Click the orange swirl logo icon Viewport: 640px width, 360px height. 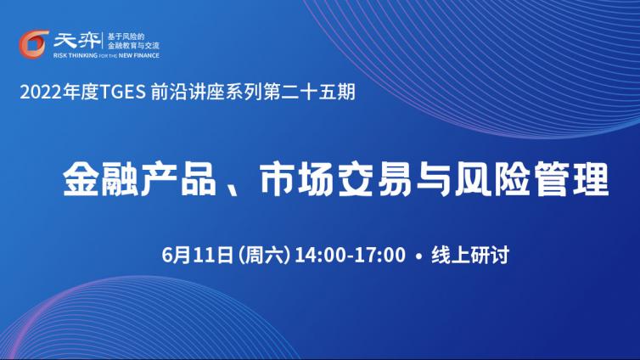pyautogui.click(x=33, y=44)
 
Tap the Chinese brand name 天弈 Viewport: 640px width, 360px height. pyautogui.click(x=77, y=41)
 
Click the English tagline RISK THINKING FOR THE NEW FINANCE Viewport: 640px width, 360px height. pyautogui.click(x=106, y=55)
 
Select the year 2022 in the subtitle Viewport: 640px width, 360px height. pyautogui.click(x=42, y=93)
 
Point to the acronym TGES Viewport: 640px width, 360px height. pyautogui.click(x=122, y=93)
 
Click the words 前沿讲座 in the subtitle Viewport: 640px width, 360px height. pyautogui.click(x=188, y=93)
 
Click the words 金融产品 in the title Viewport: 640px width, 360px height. pyautogui.click(x=139, y=179)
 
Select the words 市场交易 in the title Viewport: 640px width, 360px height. pyautogui.click(x=335, y=179)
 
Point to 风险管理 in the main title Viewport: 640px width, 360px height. pyautogui.click(x=532, y=179)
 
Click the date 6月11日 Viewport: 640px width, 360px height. pyautogui.click(x=198, y=255)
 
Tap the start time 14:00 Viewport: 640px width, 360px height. pyautogui.click(x=321, y=255)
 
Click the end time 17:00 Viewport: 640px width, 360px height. pyautogui.click(x=379, y=255)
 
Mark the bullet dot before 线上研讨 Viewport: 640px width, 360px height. pyautogui.click(x=418, y=256)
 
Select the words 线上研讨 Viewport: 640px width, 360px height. pyautogui.click(x=470, y=255)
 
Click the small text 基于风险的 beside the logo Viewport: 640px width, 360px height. pyautogui.click(x=126, y=37)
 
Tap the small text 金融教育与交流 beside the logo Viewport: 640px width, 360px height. pyautogui.click(x=133, y=46)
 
